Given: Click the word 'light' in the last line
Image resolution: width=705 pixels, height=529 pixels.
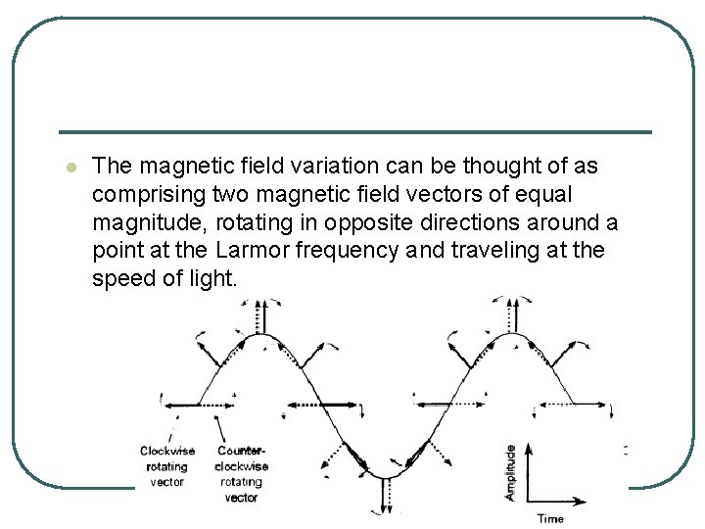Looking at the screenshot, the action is [209, 277].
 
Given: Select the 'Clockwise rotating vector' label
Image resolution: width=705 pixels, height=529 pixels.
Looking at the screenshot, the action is [167, 465].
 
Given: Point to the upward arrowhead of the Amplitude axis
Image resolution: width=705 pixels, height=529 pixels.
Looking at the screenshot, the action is [530, 450].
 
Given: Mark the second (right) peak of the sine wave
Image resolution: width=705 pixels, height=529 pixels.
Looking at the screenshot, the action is [510, 335].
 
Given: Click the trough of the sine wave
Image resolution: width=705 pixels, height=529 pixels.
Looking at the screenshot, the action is [383, 473].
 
